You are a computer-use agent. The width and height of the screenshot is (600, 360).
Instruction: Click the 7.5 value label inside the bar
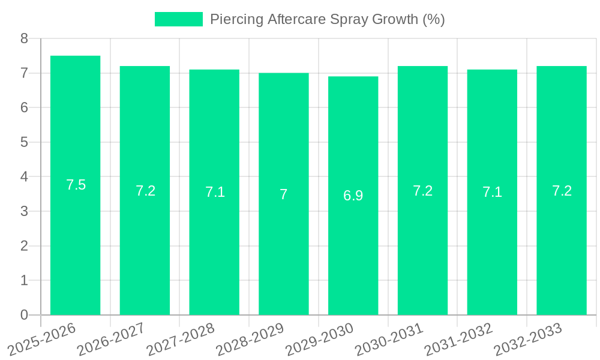click(76, 185)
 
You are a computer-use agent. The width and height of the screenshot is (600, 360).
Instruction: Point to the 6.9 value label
click(353, 196)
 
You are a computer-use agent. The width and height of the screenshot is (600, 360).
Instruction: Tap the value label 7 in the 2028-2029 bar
click(284, 194)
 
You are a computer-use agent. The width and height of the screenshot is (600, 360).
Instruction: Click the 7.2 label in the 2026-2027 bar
click(145, 191)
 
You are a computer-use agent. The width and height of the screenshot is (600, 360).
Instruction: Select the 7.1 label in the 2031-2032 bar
click(492, 192)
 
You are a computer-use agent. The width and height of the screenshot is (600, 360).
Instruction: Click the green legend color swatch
click(178, 19)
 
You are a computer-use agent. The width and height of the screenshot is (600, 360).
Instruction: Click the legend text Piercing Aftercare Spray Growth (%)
click(327, 19)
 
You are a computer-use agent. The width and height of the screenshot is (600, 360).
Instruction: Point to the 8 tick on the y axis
click(24, 38)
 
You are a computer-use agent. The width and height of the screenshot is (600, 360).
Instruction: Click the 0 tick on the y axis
click(24, 315)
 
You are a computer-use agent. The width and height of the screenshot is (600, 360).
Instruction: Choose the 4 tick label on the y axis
click(24, 176)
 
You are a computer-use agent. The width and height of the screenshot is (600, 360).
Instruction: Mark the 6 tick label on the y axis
click(24, 107)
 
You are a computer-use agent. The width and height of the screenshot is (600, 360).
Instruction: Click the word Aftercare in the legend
click(296, 19)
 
